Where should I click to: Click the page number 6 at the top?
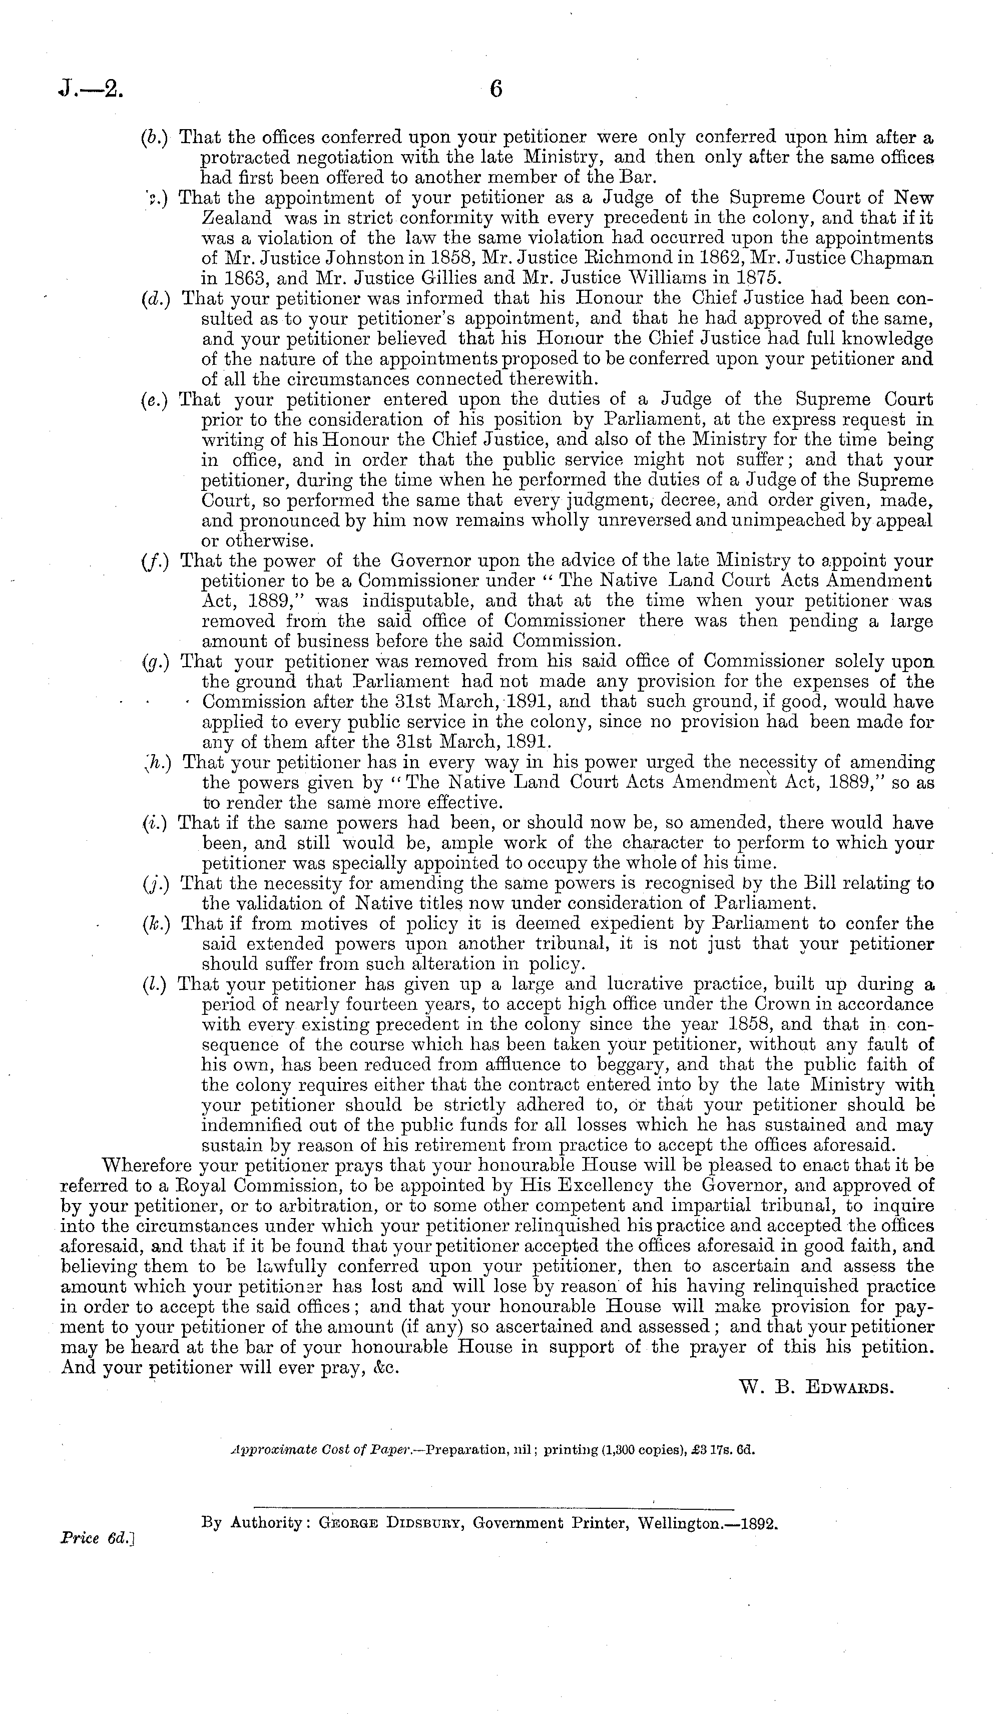(496, 89)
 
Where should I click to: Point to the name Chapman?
(891, 258)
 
